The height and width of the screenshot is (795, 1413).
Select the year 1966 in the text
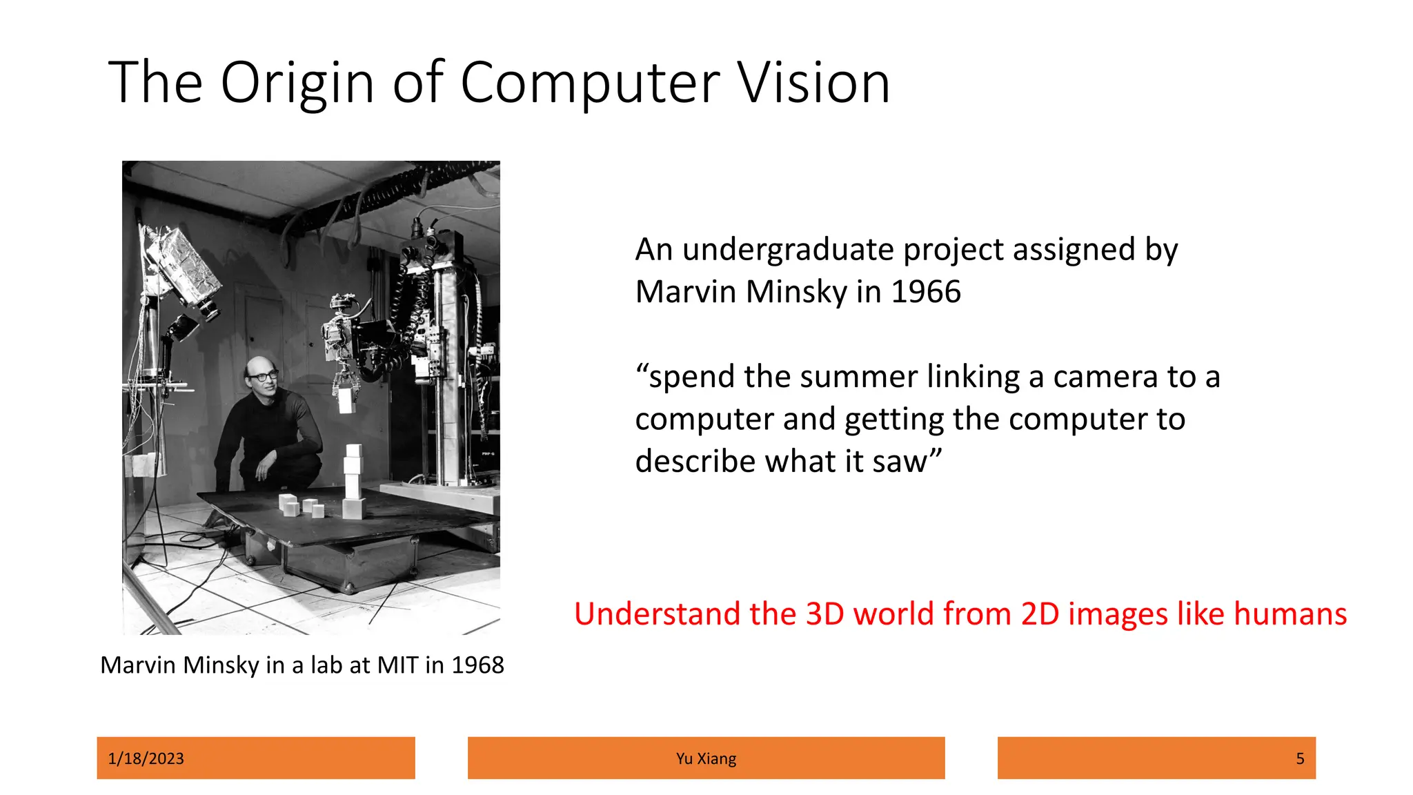(x=926, y=292)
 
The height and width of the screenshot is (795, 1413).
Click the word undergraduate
(x=788, y=250)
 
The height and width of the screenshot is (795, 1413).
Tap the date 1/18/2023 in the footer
(x=146, y=758)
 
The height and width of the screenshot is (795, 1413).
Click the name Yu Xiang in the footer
(x=706, y=758)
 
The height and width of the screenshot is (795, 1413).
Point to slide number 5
(x=1300, y=758)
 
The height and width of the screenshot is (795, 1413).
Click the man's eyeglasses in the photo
(x=263, y=377)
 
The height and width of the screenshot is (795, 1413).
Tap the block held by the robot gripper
(x=346, y=400)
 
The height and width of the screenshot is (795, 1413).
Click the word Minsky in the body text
(x=796, y=292)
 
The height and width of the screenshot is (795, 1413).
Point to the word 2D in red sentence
(x=1039, y=614)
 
